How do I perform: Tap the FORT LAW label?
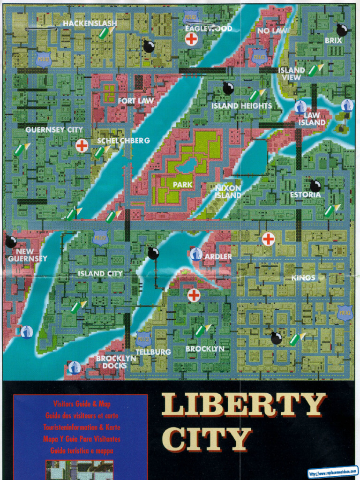click(136, 100)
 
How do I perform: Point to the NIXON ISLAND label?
click(228, 191)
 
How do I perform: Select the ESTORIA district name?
click(305, 195)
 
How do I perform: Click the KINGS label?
click(303, 278)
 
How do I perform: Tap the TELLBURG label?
click(153, 352)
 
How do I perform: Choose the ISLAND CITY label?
click(100, 273)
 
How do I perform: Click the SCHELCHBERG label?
click(123, 141)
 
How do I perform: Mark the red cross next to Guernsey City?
click(82, 146)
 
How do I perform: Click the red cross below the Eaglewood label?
click(191, 39)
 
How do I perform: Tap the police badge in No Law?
click(259, 57)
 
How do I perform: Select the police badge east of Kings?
click(345, 313)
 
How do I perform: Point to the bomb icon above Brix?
click(342, 30)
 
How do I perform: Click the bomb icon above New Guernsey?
click(11, 242)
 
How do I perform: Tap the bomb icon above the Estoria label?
click(315, 186)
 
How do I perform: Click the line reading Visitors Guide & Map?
click(82, 404)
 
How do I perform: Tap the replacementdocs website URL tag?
click(333, 471)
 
